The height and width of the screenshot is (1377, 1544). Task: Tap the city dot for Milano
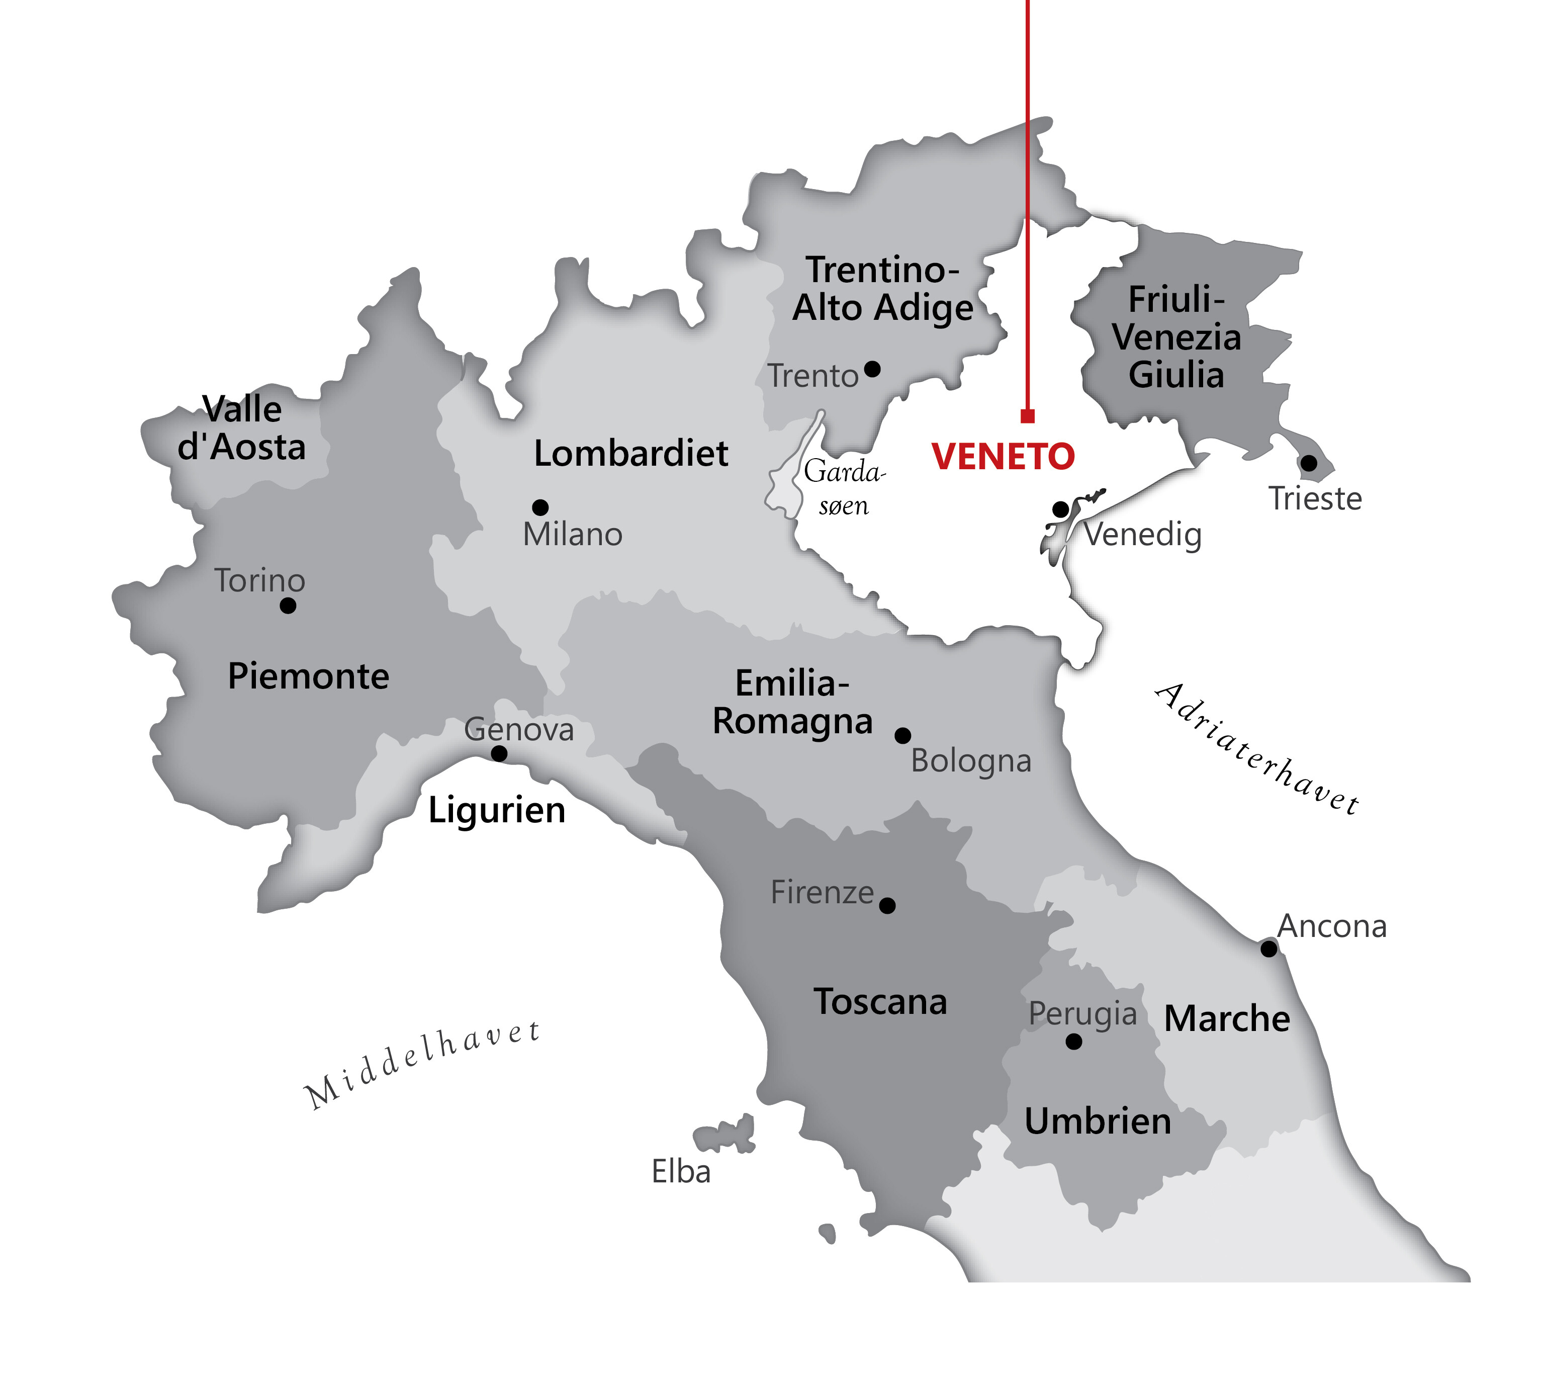(x=540, y=507)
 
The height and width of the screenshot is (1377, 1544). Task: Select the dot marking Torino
(x=288, y=606)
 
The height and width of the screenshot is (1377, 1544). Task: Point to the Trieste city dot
(x=1308, y=463)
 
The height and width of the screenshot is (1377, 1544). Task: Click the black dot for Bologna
(x=902, y=735)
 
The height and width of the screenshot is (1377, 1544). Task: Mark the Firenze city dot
(x=887, y=906)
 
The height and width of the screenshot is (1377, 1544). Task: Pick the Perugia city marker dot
(x=1073, y=1042)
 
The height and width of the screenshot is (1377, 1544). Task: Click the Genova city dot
(x=499, y=753)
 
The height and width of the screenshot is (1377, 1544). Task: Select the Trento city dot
(x=872, y=369)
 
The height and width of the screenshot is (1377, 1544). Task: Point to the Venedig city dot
(x=1061, y=508)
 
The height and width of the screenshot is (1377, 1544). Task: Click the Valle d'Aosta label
(x=242, y=428)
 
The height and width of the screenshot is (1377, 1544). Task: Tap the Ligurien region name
(x=497, y=810)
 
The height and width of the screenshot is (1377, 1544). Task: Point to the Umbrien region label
(x=1098, y=1122)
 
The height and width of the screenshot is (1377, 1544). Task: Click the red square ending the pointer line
(x=1027, y=416)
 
